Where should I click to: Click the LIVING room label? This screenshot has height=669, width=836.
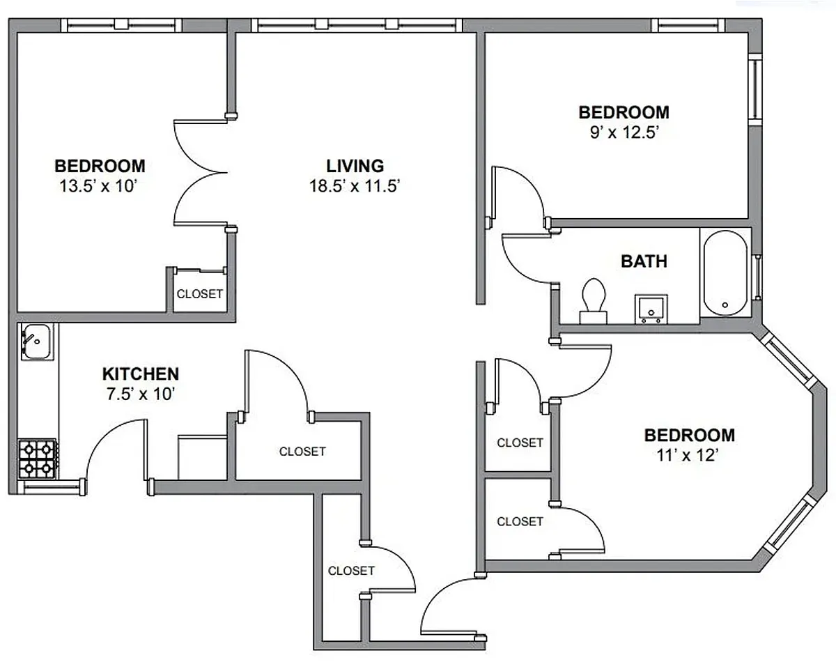355,166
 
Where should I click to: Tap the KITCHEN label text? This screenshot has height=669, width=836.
141,374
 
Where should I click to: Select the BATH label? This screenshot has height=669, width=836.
644,261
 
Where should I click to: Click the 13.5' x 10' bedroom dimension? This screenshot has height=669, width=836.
99,186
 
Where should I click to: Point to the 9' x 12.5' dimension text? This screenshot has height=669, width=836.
624,132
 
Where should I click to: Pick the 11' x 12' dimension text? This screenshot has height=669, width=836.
688,455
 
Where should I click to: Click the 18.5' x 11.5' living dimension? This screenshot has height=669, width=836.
355,186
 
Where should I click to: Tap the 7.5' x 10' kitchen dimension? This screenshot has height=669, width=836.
141,394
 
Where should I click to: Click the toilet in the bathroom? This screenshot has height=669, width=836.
594,301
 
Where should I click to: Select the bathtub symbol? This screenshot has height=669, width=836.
725,273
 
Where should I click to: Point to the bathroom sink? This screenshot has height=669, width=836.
651,309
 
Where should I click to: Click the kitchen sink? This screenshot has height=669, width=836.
36,341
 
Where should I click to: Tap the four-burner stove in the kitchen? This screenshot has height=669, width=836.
38,459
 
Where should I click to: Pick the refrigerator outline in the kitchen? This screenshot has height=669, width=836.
203,458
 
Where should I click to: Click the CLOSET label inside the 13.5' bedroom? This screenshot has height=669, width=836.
200,294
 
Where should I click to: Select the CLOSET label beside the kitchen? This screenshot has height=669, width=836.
302,452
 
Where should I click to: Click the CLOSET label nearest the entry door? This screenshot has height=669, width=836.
351,571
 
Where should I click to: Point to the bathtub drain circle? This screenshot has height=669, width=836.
725,305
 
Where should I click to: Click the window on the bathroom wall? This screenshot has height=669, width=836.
757,277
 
